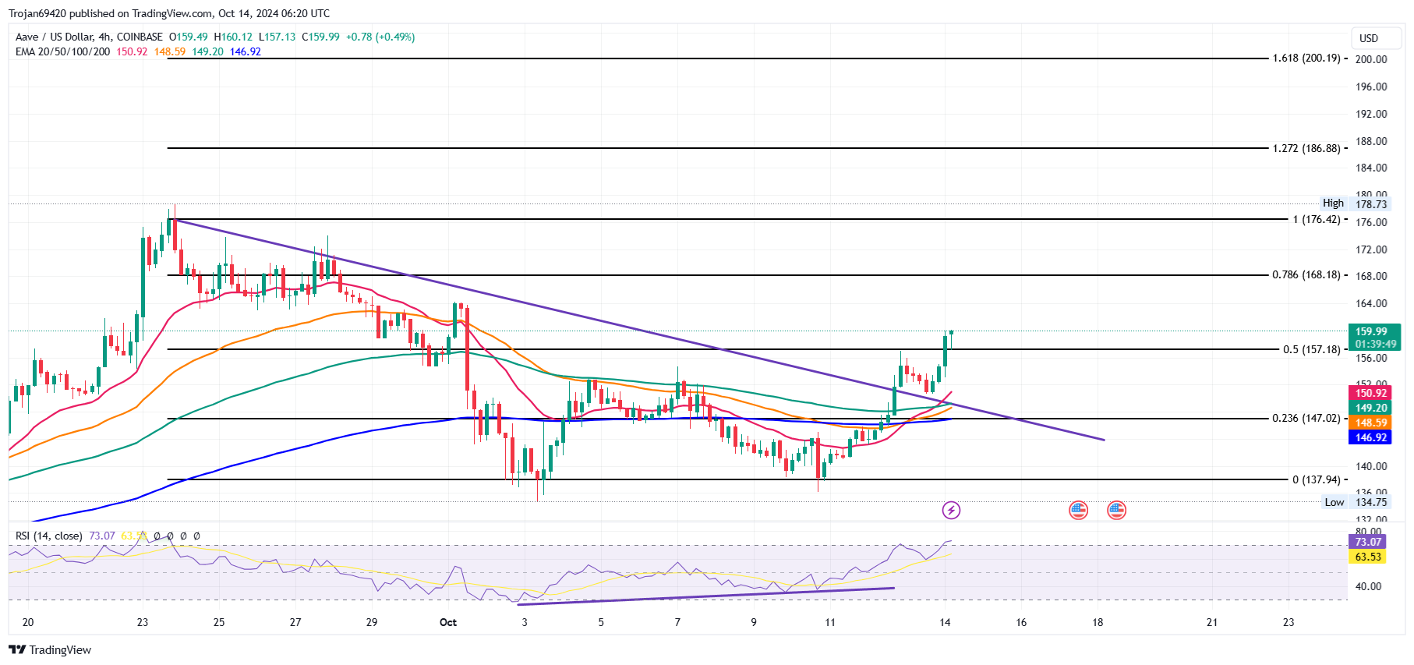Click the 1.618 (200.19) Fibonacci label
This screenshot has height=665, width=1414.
1306,58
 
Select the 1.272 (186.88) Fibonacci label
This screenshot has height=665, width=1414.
1306,148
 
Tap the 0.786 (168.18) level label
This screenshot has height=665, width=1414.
1306,275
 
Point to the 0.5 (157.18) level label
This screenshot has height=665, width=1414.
1311,349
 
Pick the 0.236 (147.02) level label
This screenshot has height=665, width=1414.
1306,419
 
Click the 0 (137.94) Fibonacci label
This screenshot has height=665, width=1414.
1316,480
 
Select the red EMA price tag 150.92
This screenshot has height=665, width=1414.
1370,394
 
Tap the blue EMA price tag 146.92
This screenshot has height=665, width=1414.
1370,437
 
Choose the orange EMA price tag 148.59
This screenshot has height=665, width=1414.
1370,423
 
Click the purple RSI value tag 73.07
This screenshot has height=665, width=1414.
1367,542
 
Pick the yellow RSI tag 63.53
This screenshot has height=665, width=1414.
1367,557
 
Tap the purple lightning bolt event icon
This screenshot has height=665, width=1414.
951,511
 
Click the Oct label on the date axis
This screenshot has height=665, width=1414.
448,622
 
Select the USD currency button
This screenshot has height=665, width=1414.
1369,38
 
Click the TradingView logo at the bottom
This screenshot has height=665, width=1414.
51,650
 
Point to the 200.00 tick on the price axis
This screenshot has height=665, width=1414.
1370,59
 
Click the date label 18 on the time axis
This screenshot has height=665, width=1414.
1098,622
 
